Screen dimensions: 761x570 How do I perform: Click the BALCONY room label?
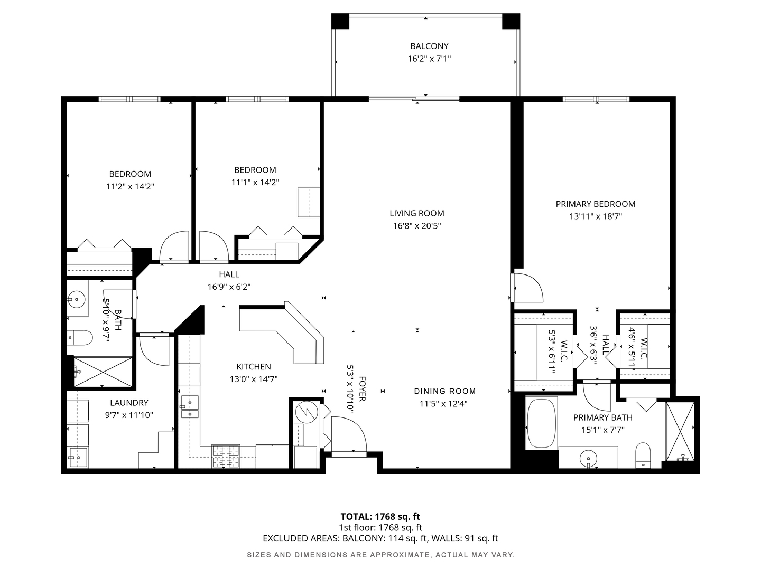429,46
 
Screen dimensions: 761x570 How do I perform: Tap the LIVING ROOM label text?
417,213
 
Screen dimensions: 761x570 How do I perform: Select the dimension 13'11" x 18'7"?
595,216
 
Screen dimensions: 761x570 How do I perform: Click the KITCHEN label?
254,366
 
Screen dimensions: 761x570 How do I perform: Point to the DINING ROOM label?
445,391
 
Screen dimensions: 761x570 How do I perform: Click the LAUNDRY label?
129,403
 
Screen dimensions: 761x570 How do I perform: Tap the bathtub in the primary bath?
542,423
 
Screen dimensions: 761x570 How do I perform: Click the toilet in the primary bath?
643,455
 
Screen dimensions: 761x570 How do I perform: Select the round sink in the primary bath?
588,458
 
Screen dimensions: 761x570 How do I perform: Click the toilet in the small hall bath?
80,337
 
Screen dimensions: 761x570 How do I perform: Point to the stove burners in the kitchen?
226,456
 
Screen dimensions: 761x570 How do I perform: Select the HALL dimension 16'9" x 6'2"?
229,287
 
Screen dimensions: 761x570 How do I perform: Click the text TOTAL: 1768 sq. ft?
380,516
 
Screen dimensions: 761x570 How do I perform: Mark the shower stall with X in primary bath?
680,432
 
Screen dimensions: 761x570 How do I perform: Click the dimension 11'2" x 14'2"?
130,186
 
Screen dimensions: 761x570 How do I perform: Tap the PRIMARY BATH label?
602,417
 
